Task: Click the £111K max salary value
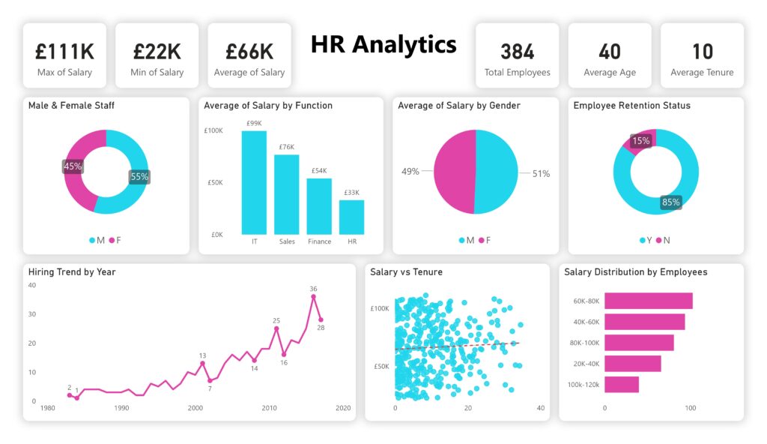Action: [64, 51]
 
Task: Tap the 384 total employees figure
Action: [517, 51]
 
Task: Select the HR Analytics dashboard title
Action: [383, 44]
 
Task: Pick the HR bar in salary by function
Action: [351, 217]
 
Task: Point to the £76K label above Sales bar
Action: [286, 147]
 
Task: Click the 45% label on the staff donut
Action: [73, 166]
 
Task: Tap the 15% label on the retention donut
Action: [640, 140]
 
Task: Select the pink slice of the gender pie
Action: [454, 172]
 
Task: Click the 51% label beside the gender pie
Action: [540, 173]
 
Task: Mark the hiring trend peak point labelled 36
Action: [313, 296]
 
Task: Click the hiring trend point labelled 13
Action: [202, 364]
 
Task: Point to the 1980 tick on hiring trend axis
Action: [47, 409]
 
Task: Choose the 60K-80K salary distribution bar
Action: [648, 301]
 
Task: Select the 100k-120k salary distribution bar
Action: [621, 385]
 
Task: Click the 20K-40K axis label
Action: [586, 364]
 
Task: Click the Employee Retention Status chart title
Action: [631, 106]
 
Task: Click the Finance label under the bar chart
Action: [319, 241]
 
